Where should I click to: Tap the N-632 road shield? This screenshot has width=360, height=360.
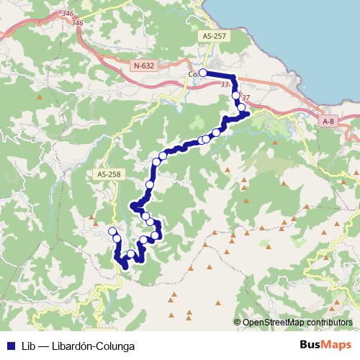143,66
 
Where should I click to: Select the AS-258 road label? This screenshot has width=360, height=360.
104,174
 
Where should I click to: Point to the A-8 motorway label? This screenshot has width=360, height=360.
328,122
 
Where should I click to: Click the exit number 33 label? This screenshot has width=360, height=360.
226,84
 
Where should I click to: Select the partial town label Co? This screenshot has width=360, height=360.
193,73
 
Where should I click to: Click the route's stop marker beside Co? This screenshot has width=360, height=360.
204,73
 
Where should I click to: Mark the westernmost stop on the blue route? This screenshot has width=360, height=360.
112,230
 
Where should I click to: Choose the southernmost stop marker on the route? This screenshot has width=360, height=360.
130,254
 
